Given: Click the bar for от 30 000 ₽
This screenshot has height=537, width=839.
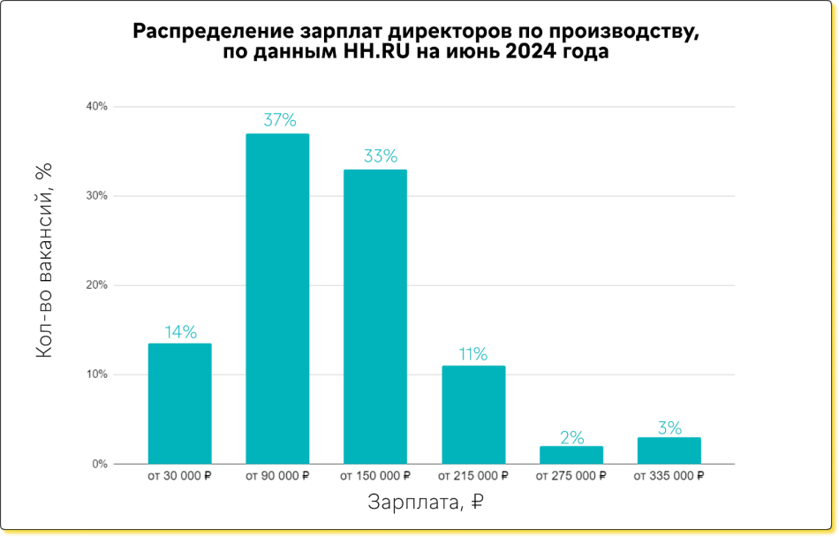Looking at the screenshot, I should (179, 404).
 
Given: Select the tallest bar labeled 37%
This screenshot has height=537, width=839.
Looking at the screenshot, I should (277, 299).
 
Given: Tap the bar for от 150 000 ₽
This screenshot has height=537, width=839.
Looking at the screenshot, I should (374, 316).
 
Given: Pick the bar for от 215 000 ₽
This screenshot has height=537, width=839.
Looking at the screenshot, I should (473, 414).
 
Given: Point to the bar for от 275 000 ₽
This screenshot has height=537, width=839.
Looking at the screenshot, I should (571, 455).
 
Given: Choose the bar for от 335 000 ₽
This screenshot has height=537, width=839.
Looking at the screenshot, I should (669, 450).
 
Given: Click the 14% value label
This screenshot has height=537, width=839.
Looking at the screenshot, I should (180, 332).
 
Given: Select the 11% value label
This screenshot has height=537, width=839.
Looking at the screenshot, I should (472, 354).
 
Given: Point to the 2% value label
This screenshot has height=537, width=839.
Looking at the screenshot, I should (571, 436).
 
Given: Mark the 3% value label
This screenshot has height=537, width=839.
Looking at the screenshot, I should (669, 427).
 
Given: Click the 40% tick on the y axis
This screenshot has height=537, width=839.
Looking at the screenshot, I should (96, 107).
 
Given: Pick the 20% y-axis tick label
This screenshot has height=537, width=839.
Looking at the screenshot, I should (96, 285).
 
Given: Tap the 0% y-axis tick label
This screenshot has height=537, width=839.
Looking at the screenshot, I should (99, 464).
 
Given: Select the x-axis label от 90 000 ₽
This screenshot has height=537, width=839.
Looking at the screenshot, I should (277, 476).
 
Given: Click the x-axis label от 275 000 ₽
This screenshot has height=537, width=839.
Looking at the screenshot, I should (571, 476).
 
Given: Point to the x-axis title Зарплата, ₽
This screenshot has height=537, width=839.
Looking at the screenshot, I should (425, 503).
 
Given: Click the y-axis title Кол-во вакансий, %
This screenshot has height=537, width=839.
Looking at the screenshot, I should (45, 260).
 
